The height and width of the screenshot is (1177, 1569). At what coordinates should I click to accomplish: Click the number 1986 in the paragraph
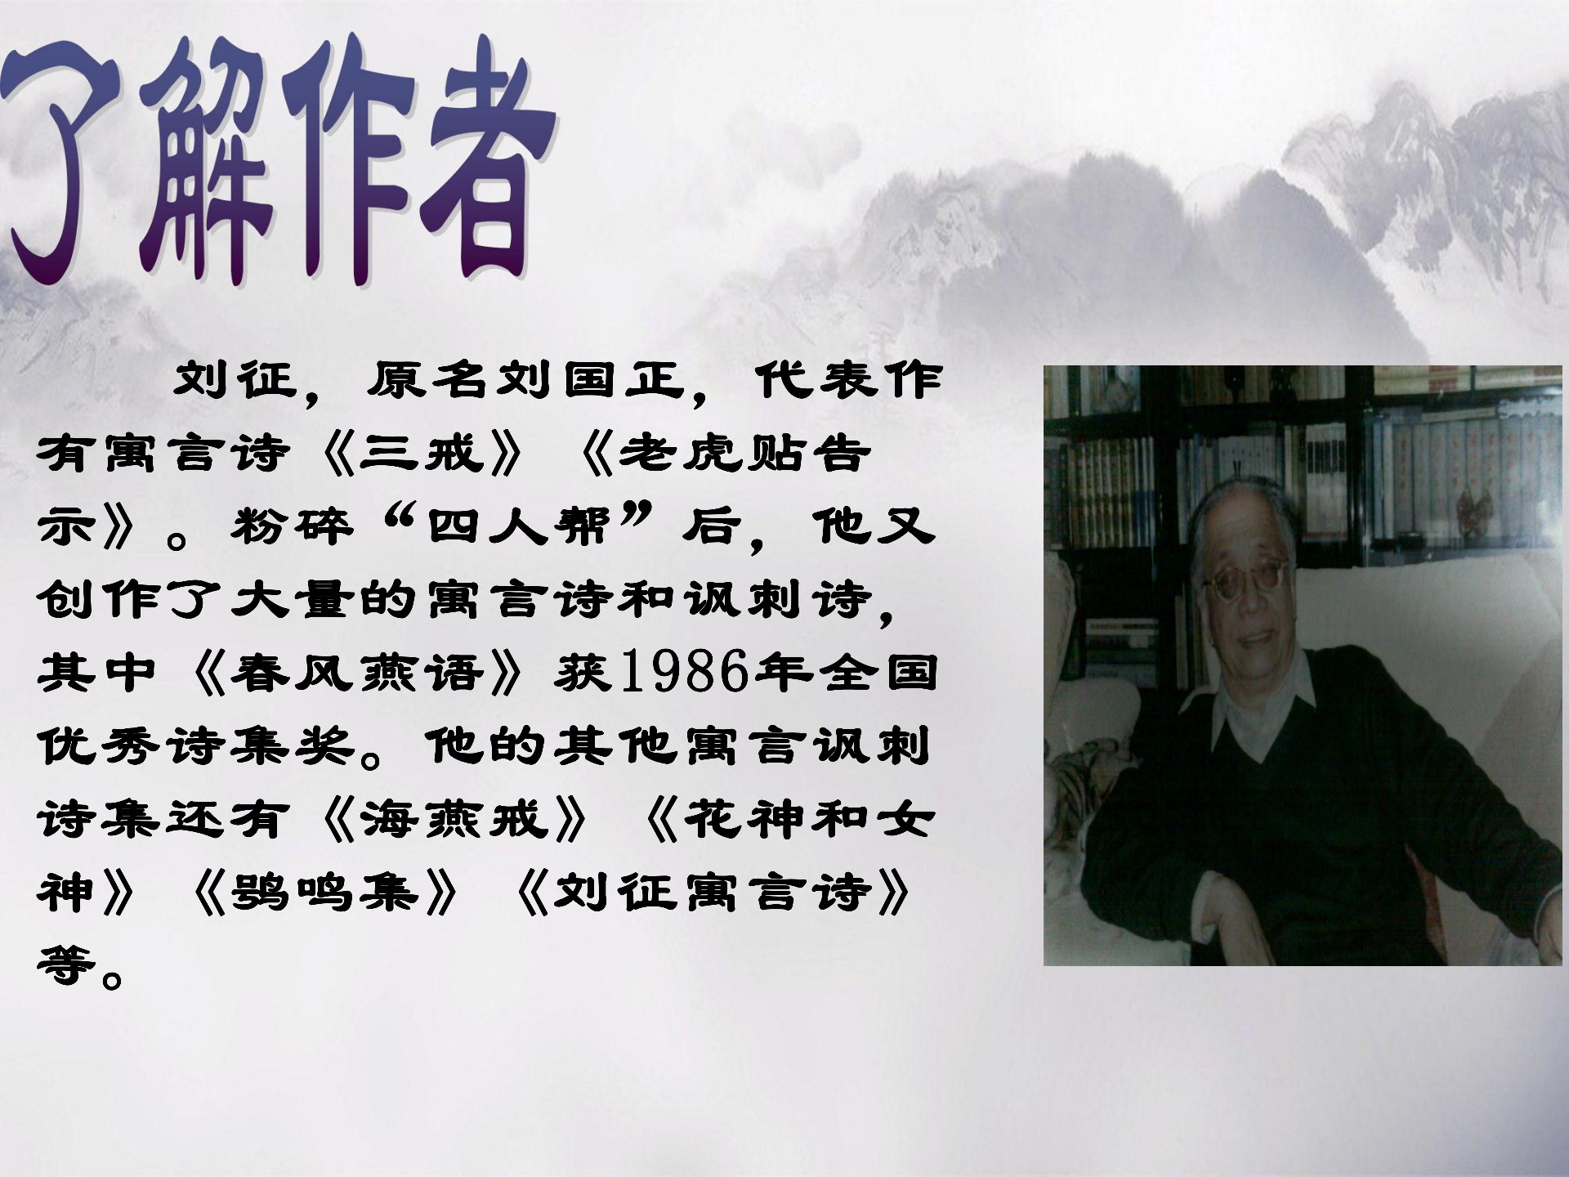[x=685, y=673]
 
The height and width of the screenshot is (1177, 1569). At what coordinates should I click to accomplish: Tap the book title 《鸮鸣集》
[x=324, y=891]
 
